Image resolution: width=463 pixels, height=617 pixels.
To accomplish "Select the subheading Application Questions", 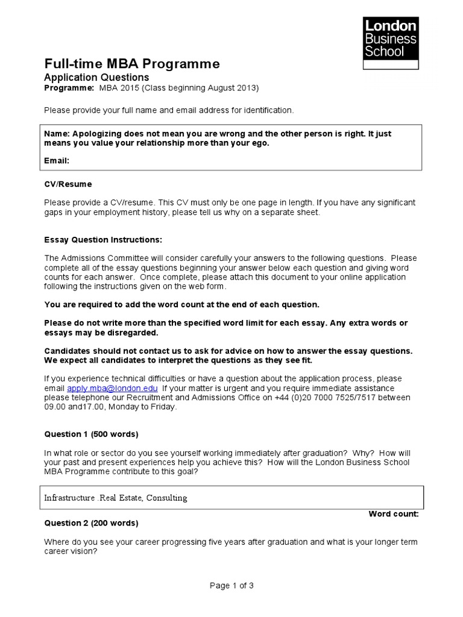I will click(x=96, y=78).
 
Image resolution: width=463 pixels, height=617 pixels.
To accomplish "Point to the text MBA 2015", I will click(x=117, y=88).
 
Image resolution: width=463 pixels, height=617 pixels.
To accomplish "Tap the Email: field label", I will click(x=57, y=160).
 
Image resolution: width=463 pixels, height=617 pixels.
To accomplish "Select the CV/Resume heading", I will click(x=68, y=184).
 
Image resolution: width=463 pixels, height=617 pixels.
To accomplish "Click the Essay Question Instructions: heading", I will click(x=103, y=239).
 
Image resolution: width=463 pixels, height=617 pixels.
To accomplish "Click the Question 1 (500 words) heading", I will click(x=91, y=434).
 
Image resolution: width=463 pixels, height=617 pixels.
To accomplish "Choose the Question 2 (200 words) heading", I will click(x=91, y=522).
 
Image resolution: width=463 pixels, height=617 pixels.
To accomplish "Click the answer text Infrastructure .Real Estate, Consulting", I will click(x=116, y=498).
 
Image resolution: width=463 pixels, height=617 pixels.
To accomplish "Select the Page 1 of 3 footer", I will click(x=231, y=585).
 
